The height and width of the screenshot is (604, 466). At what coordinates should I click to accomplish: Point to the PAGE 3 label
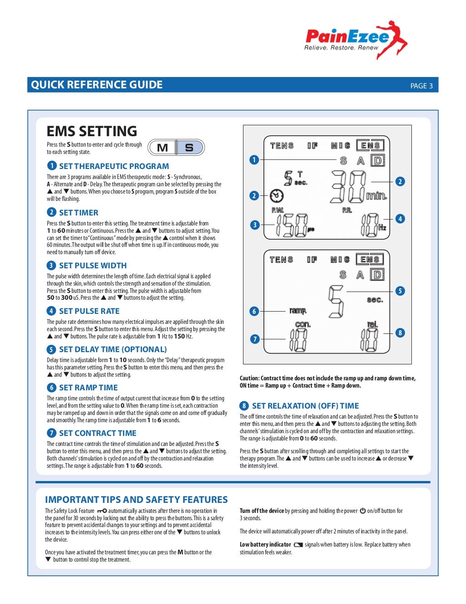point(421,86)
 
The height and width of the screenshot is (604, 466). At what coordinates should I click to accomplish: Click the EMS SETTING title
point(92,131)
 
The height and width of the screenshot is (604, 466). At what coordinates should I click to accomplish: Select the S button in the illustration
point(189,148)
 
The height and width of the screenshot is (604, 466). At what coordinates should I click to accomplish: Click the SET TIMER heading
point(78,213)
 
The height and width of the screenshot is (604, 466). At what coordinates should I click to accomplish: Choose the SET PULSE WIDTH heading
point(93,266)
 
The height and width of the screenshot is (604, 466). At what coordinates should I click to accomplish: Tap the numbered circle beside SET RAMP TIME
point(51,388)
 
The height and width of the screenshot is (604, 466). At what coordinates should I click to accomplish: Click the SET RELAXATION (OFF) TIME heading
point(305,406)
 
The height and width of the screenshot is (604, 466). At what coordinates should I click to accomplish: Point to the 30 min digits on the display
point(349,187)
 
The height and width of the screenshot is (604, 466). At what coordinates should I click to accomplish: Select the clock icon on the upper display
point(276,196)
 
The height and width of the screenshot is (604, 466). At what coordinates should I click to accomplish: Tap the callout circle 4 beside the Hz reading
point(400,219)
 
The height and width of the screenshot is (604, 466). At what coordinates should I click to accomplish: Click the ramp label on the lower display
point(298,311)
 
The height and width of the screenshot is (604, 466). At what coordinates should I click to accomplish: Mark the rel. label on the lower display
point(372,325)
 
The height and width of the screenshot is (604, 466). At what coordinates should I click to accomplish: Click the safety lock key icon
point(101,511)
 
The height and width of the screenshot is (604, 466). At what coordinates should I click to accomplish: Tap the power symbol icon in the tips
point(363,511)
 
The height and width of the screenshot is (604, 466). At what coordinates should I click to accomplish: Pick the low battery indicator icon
point(298,545)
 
